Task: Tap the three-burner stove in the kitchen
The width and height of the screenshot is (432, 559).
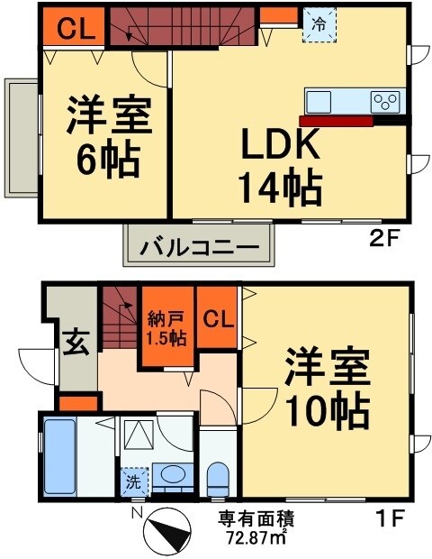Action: click(x=386, y=100)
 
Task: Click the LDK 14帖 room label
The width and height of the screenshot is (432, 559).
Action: click(x=278, y=166)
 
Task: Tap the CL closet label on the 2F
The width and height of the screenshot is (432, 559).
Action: click(x=72, y=30)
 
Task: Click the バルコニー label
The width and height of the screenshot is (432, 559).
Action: click(x=198, y=245)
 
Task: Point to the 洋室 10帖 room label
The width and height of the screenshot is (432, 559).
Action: click(x=327, y=389)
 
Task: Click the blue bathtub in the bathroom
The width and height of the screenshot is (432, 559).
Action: click(x=59, y=455)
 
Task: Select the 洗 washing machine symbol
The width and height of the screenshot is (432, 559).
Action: click(x=132, y=481)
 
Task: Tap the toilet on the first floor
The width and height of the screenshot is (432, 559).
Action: click(x=218, y=478)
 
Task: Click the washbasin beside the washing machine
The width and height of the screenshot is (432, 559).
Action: click(x=170, y=475)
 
